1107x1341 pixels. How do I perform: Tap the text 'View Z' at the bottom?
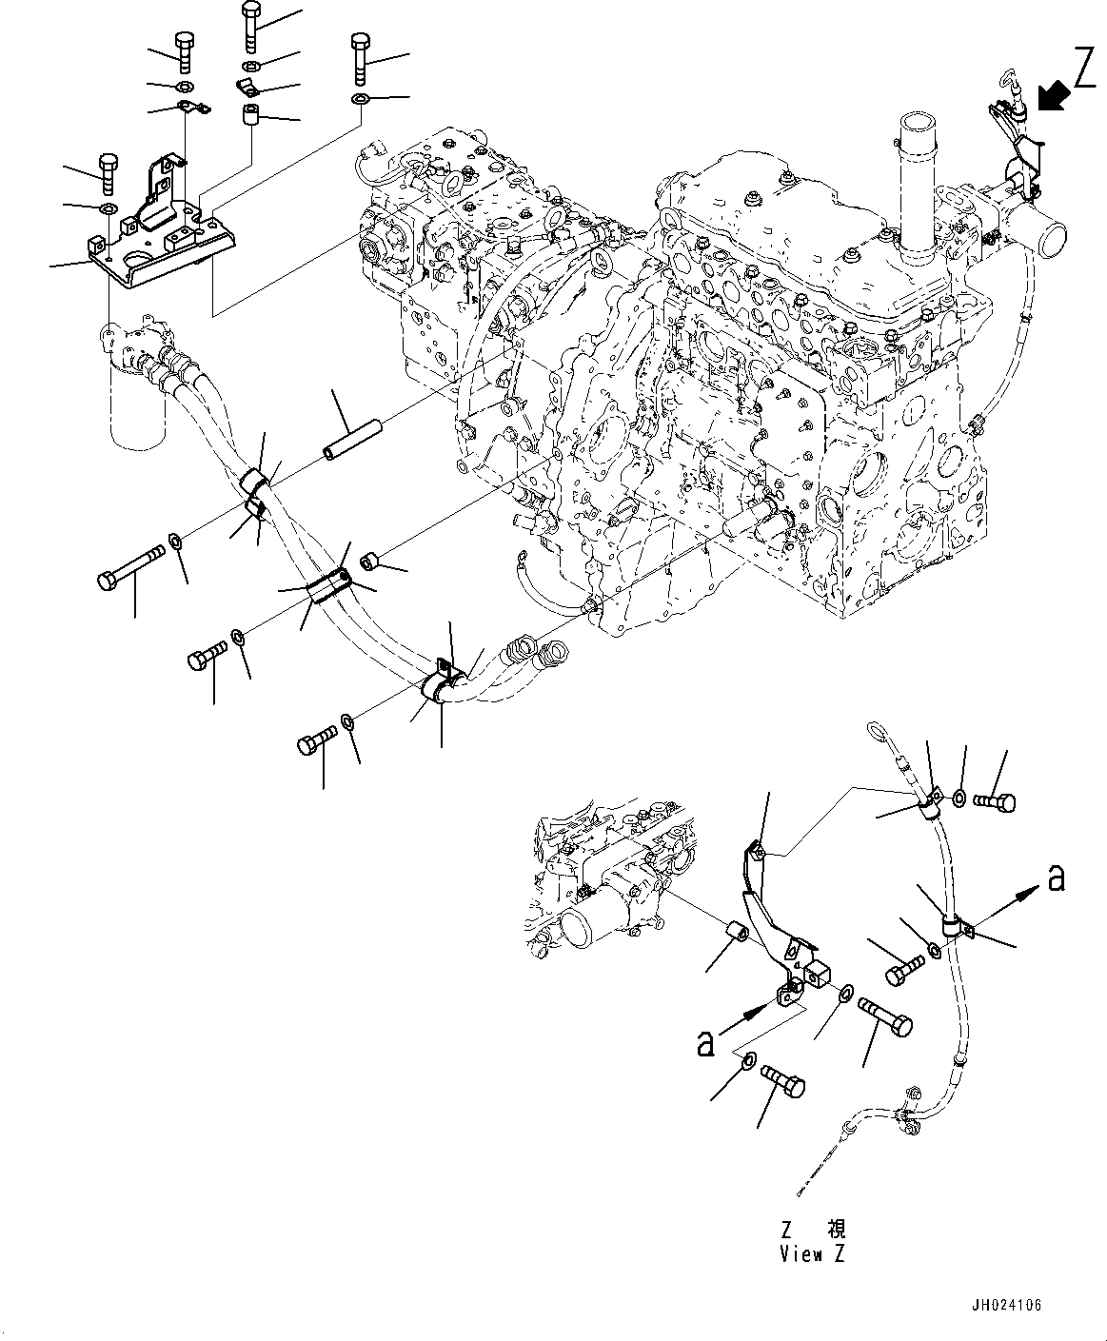(x=812, y=1254)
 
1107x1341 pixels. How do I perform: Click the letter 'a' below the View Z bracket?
(x=705, y=1043)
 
